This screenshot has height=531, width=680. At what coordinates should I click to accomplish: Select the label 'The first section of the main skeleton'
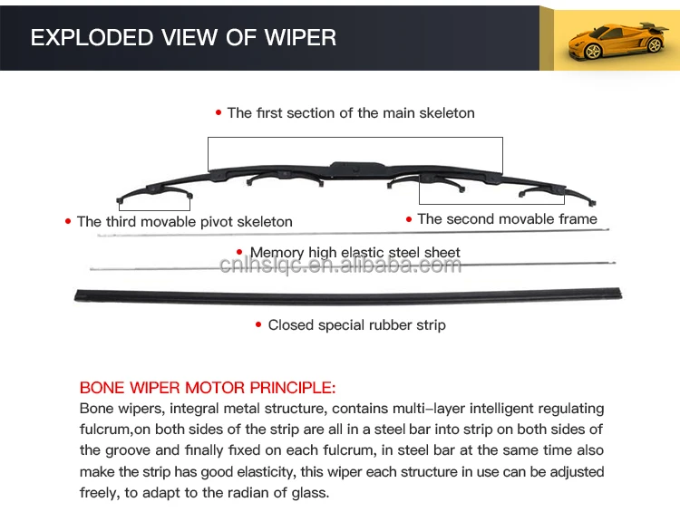click(x=351, y=113)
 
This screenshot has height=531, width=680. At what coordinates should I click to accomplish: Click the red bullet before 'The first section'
click(x=219, y=113)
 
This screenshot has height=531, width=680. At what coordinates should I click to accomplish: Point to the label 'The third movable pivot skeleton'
click(x=185, y=221)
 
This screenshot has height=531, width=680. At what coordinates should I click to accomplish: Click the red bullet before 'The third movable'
click(x=68, y=221)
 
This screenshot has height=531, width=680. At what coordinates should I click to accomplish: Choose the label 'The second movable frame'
click(x=507, y=218)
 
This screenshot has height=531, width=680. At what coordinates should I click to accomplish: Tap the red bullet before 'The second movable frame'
click(x=409, y=218)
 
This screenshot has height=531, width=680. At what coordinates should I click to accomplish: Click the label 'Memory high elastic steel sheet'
click(x=355, y=253)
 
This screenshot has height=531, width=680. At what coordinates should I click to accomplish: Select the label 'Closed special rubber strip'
click(x=356, y=324)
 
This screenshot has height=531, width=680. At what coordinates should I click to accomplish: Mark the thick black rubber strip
click(x=349, y=294)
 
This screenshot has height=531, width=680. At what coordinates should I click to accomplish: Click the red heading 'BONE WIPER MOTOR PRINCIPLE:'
click(x=208, y=388)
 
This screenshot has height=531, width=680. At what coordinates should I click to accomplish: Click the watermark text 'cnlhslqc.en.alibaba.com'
click(x=340, y=265)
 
